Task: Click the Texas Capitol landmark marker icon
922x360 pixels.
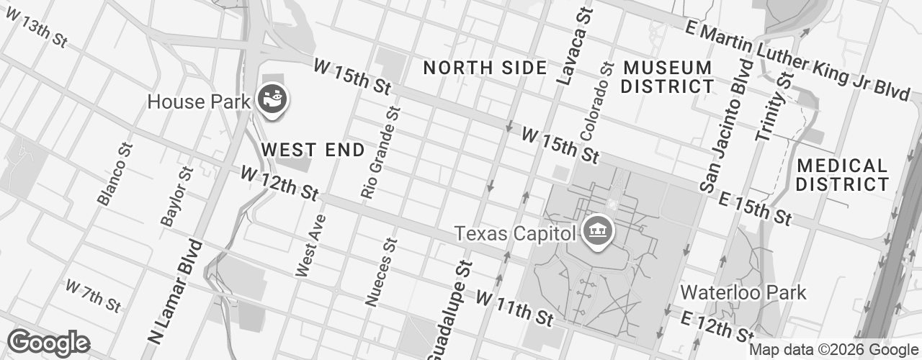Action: [597, 233]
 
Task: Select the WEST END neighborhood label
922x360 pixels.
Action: [312, 150]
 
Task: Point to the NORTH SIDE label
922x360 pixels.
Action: [485, 68]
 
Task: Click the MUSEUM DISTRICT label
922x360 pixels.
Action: [667, 77]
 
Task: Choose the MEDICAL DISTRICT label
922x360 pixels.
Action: [842, 175]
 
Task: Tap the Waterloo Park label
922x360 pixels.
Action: [743, 292]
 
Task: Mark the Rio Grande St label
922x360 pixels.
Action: [380, 153]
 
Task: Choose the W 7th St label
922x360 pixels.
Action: [93, 295]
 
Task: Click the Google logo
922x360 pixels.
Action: [48, 343]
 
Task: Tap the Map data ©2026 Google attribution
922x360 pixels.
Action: [833, 350]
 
